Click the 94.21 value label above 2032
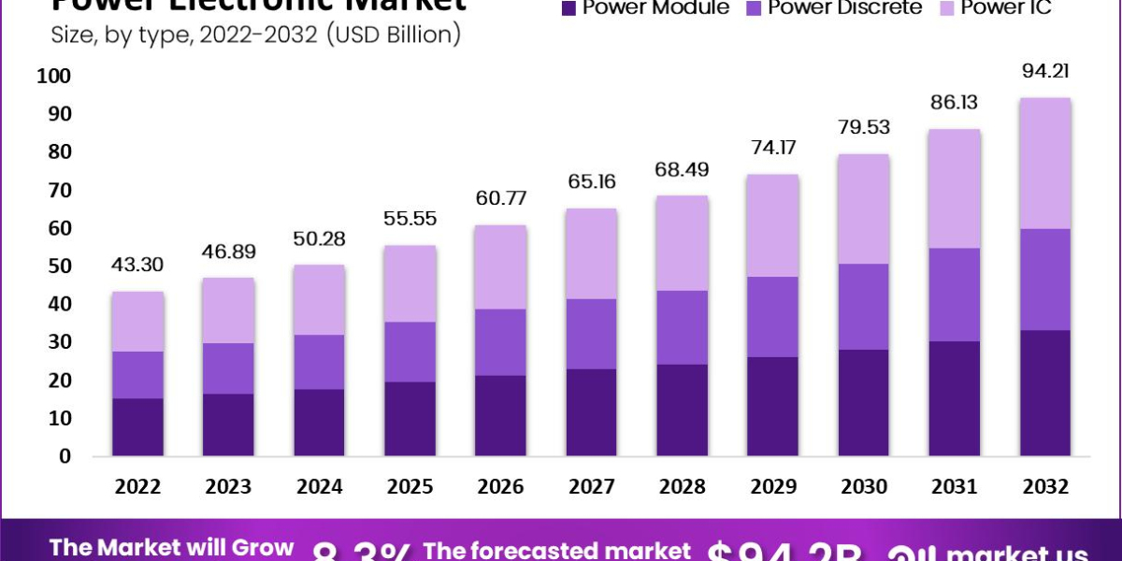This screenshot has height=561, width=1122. pos(1045,71)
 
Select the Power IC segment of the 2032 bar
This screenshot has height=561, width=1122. pos(1045,163)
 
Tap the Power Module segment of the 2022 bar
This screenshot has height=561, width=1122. pos(138,427)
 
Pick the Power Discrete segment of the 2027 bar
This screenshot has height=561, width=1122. pos(592,334)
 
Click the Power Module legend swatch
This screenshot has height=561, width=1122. pos(568,8)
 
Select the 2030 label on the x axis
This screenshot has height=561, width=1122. pos(864,487)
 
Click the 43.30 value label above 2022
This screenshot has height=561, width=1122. pos(138,265)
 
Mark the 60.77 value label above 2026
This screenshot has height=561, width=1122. pos(501,198)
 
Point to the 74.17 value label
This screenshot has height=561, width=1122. pos(773,147)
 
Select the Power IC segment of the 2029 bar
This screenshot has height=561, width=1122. pos(773,225)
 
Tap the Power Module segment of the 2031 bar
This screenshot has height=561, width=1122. pos(955,398)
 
